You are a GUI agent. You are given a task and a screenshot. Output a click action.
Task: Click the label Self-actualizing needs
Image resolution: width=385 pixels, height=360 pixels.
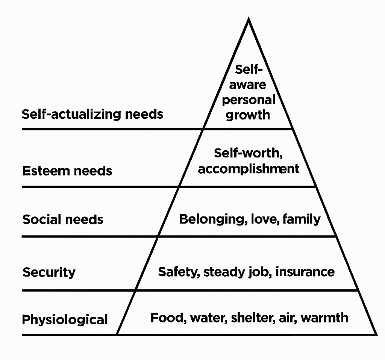point(92,114)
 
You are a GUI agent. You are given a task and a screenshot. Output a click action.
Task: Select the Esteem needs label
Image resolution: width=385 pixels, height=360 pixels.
point(67,171)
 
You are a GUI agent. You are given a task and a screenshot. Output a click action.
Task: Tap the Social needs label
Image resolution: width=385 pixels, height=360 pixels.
point(63,219)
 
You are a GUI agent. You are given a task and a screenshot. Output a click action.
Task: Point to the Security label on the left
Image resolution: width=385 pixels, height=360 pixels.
point(49,272)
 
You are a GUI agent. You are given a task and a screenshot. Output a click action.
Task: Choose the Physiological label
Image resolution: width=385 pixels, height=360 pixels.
point(65,320)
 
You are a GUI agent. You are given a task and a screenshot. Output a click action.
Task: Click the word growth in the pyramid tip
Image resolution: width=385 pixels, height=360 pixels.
point(248,115)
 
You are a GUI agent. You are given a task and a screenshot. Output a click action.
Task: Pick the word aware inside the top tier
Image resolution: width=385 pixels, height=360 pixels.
point(247,85)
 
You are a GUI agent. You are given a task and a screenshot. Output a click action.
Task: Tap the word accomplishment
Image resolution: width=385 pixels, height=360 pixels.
point(249,169)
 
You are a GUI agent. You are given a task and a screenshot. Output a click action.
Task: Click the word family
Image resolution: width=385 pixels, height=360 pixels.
point(302,219)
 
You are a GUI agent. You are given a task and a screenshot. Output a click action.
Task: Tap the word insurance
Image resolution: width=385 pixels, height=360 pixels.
point(305,271)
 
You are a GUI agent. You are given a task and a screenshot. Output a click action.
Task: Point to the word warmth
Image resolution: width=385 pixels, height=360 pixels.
point(324,318)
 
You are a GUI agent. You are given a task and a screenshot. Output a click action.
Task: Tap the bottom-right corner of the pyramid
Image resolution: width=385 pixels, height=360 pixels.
point(376,334)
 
